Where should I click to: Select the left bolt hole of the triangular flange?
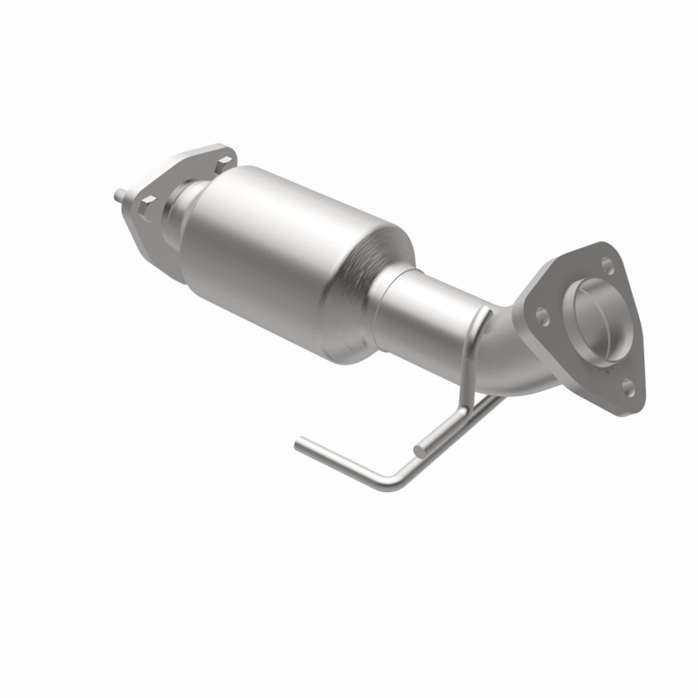pyautogui.click(x=540, y=315)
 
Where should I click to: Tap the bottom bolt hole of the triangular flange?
pyautogui.click(x=628, y=389)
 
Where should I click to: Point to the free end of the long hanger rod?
pyautogui.click(x=299, y=445)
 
